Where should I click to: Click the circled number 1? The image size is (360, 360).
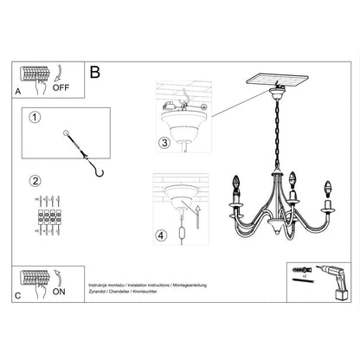point(35,119)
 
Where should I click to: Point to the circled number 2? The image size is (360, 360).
point(35,181)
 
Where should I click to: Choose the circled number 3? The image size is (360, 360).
point(164,143)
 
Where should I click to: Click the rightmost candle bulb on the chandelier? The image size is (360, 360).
point(328,189)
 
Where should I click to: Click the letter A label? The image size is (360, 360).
point(18,89)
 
